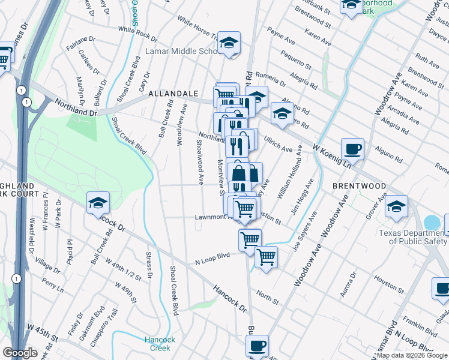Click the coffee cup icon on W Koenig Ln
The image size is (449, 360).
(352, 148)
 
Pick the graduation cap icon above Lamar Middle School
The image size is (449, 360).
(229, 43)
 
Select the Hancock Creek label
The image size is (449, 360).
(160, 344)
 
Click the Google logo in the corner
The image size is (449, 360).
(20, 353)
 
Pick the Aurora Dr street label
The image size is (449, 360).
(349, 284)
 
